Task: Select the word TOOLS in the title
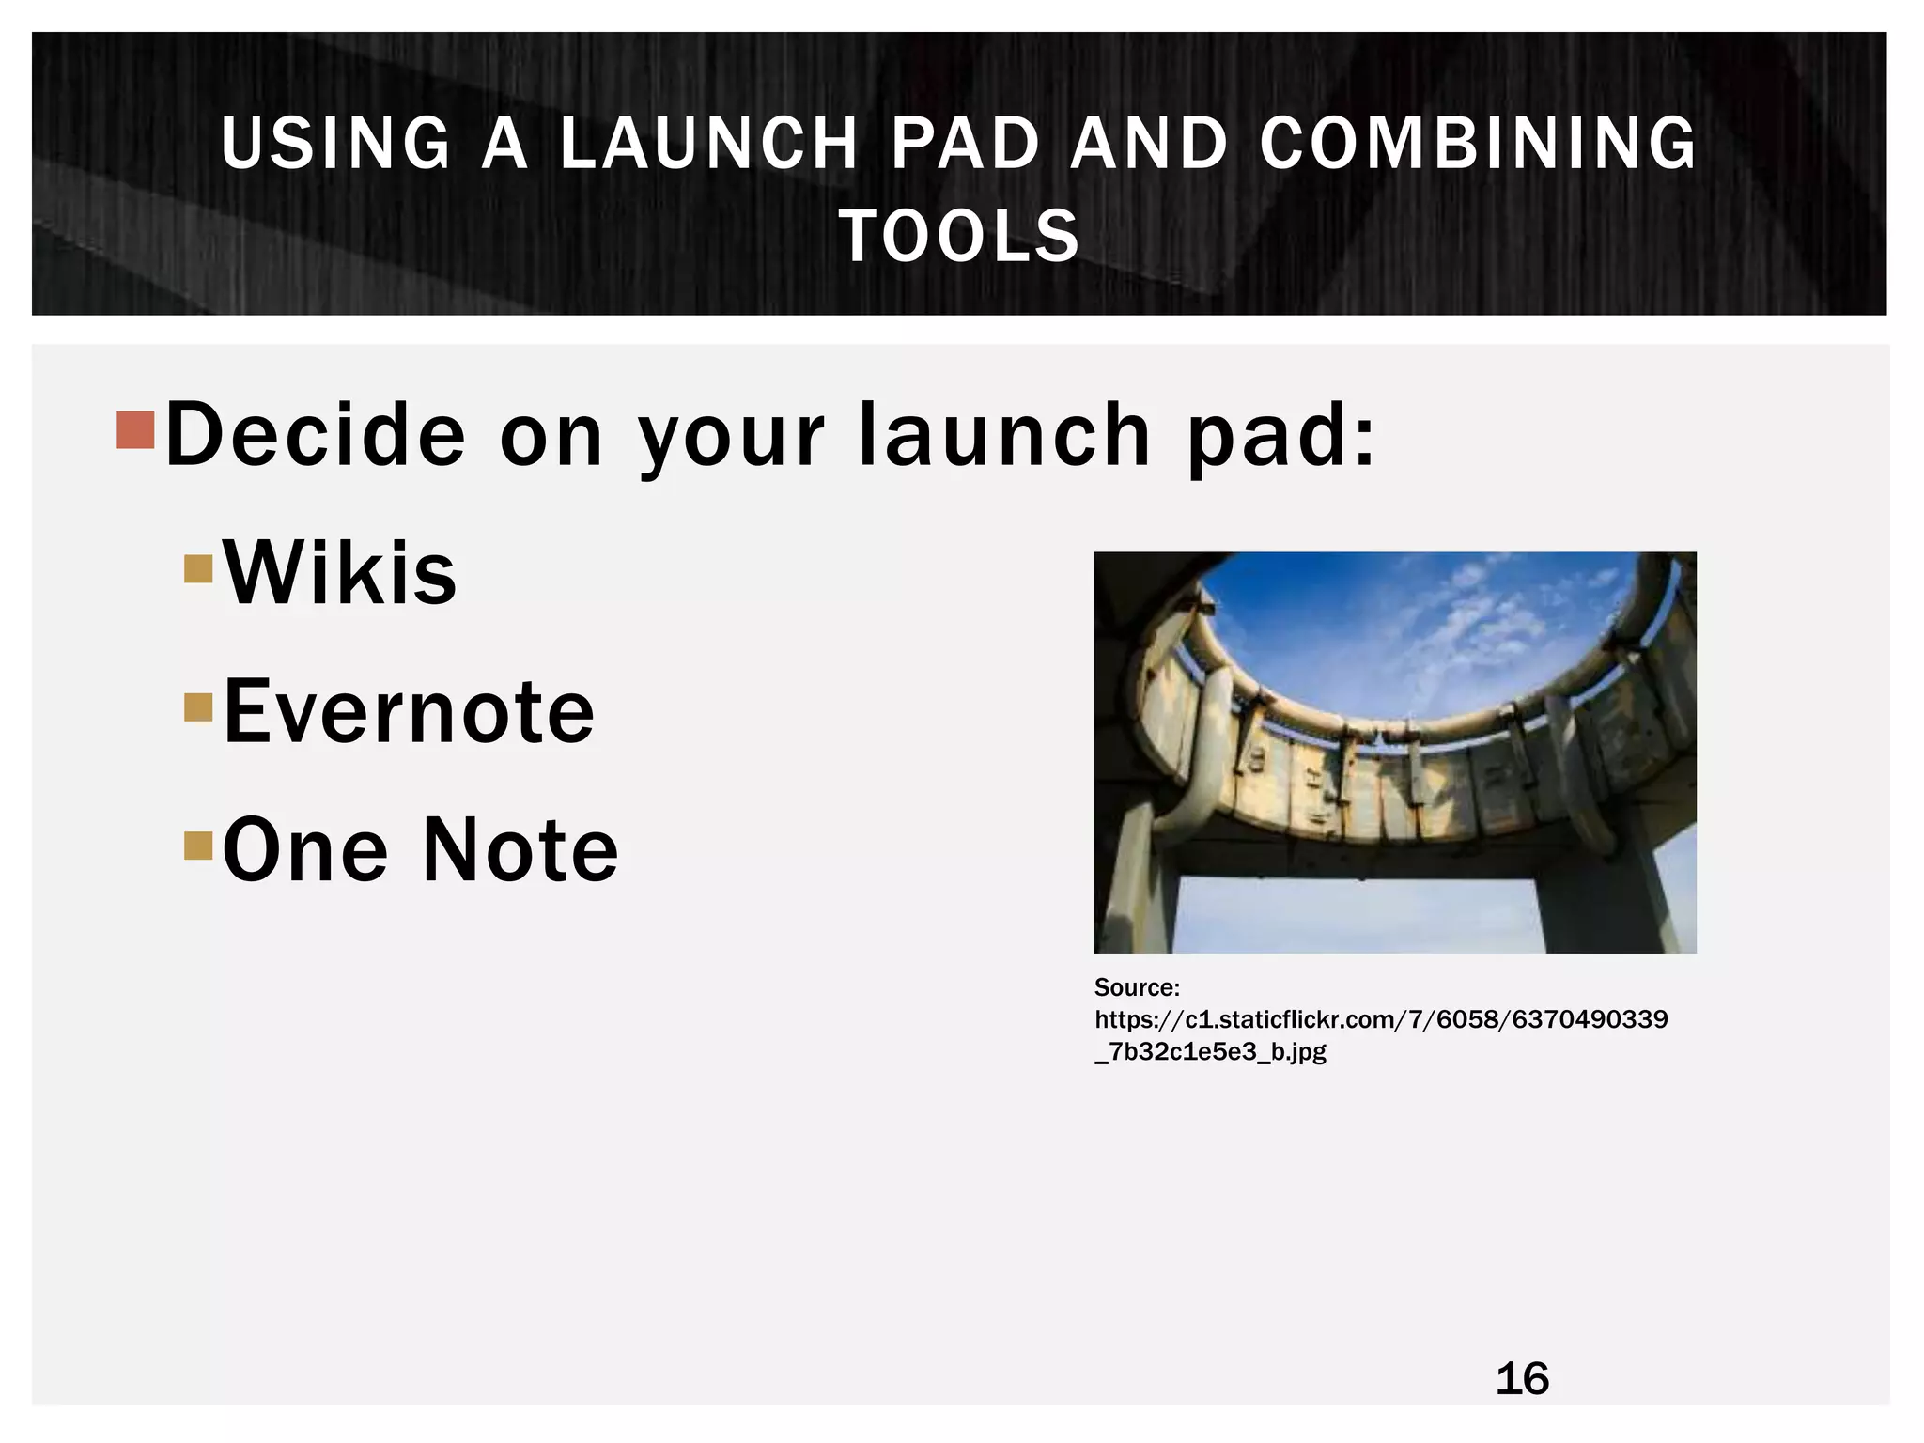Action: point(959,236)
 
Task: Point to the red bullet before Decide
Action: point(135,429)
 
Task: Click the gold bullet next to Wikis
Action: point(199,568)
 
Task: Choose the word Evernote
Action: point(409,711)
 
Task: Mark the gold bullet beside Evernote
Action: point(199,706)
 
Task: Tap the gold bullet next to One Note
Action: point(199,846)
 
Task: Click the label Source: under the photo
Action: point(1137,987)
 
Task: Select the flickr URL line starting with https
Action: point(1381,1019)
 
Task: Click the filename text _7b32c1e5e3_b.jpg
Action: point(1210,1051)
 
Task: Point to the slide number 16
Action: point(1522,1379)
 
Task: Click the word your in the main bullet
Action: point(732,437)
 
